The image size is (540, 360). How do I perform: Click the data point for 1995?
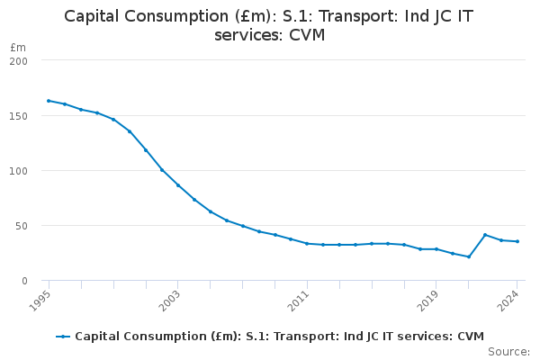[x=49, y=101]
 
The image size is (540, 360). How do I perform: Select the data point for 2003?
[x=178, y=185]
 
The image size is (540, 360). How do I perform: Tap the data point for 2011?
[x=307, y=243]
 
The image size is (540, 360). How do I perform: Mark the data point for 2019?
[x=436, y=249]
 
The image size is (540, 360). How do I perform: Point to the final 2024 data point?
[x=517, y=241]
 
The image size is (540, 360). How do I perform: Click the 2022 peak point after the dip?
[x=485, y=235]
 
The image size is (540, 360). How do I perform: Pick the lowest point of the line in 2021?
[x=469, y=256]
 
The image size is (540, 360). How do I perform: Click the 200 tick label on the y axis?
[x=19, y=61]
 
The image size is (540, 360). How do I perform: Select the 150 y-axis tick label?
[x=19, y=116]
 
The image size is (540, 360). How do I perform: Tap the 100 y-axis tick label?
[x=19, y=171]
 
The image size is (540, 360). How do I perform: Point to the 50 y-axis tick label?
[x=22, y=226]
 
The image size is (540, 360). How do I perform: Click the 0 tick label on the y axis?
[x=24, y=281]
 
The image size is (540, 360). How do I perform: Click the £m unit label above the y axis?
[x=18, y=47]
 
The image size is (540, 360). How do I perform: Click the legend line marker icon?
[x=63, y=337]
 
